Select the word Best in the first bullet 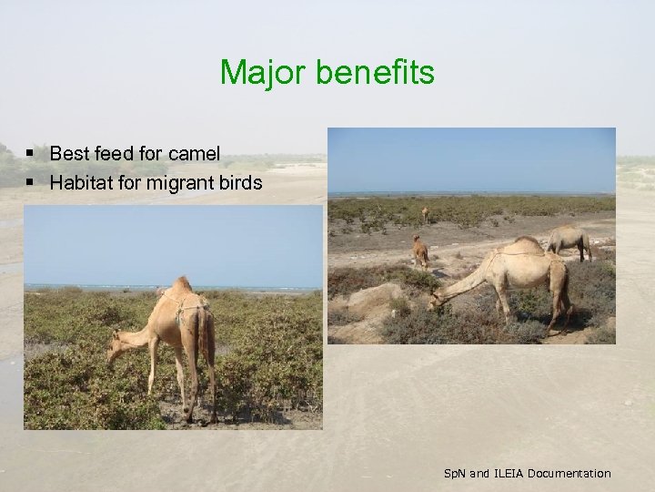68,154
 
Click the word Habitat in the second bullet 80,183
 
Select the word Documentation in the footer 569,474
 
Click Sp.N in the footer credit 454,474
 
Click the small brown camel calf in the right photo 420,251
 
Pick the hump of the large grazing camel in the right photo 528,243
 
